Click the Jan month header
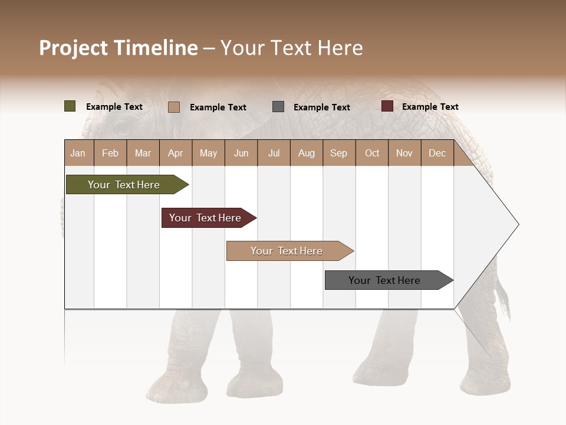(x=78, y=153)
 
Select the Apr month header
(x=176, y=153)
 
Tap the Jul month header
(x=274, y=153)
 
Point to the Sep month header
(x=338, y=153)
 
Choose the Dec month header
(x=437, y=153)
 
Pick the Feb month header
(x=110, y=153)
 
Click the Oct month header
(x=372, y=153)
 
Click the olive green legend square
(x=70, y=106)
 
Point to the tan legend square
(x=174, y=107)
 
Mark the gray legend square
(x=278, y=107)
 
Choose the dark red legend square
(x=387, y=106)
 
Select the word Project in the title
(x=74, y=48)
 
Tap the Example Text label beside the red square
(x=430, y=107)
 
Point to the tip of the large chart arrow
(x=518, y=224)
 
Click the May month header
(x=208, y=153)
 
